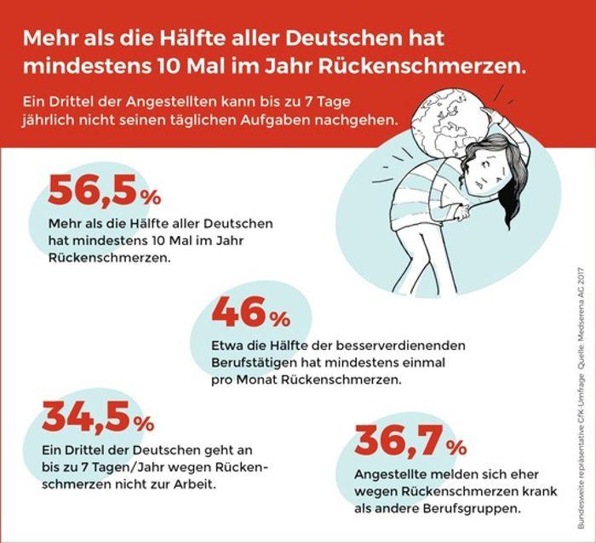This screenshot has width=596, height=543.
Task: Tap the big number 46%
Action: point(252,315)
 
